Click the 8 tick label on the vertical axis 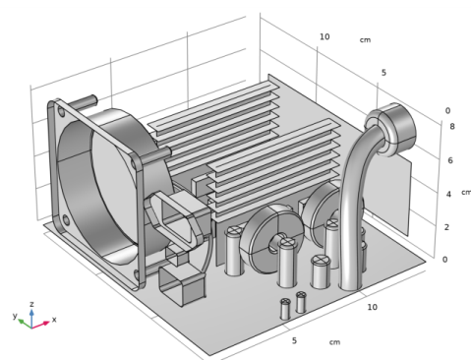[452, 126]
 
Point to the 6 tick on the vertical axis [450, 160]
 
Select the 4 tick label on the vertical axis [448, 194]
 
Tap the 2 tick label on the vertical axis [446, 227]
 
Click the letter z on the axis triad [31, 304]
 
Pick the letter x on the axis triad [54, 319]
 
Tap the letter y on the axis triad [15, 316]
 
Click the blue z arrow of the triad [31, 318]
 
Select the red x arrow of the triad [40, 325]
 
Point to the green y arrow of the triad [25, 324]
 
